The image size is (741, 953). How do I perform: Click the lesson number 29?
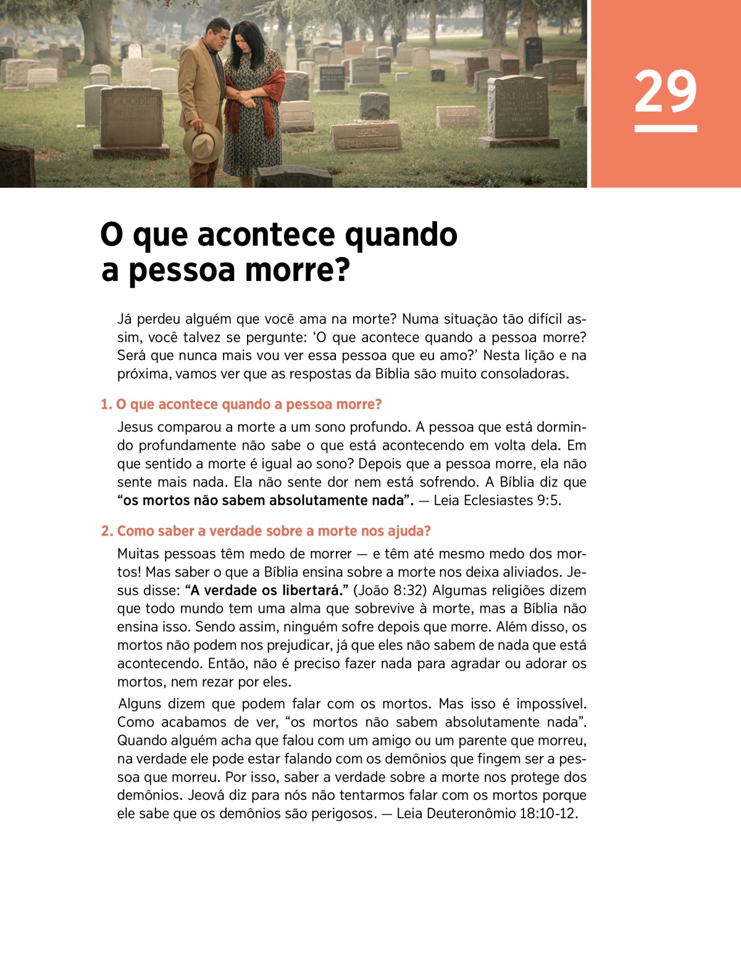click(x=665, y=91)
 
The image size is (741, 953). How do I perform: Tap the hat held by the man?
click(x=203, y=143)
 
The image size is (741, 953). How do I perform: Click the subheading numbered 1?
click(x=241, y=405)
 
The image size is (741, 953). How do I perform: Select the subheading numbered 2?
click(x=266, y=531)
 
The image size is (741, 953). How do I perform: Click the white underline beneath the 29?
click(x=665, y=128)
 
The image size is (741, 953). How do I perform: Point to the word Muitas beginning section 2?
click(x=138, y=554)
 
